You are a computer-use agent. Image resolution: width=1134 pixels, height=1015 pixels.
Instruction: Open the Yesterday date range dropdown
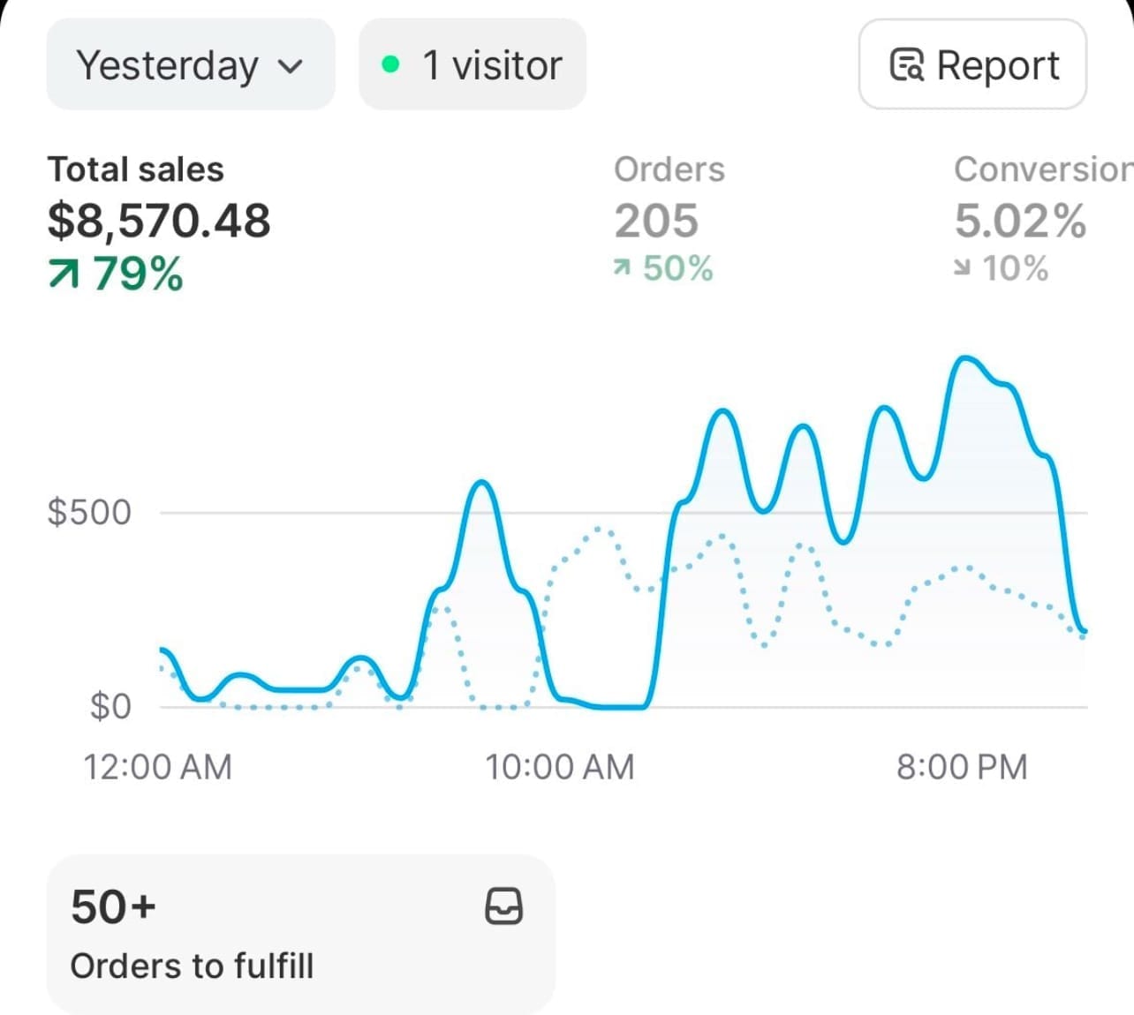[190, 64]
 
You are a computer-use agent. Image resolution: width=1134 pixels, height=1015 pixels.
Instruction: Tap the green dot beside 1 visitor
[390, 64]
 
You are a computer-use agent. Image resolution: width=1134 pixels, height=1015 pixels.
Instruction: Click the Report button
[972, 64]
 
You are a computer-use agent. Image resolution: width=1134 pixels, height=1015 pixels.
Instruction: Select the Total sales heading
[135, 169]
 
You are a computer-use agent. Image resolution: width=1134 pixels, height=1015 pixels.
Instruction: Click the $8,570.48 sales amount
[159, 221]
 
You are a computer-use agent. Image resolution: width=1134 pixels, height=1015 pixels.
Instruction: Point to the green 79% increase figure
[139, 273]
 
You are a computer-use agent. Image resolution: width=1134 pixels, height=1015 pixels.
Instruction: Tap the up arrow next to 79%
[64, 274]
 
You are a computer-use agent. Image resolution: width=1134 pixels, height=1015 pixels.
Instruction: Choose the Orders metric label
[669, 169]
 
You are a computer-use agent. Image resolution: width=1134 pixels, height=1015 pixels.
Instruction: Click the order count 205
[656, 221]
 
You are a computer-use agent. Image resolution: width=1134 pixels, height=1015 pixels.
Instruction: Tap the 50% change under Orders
[677, 268]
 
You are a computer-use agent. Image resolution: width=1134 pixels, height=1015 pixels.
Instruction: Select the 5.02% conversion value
[1020, 221]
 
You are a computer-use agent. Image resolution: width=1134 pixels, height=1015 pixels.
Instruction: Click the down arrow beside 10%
[962, 268]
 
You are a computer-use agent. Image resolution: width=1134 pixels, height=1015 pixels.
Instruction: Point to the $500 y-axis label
[89, 512]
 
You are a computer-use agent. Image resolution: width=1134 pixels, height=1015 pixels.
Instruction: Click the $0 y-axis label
[110, 706]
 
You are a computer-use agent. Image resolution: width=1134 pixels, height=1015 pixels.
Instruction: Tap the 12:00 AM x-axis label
[157, 767]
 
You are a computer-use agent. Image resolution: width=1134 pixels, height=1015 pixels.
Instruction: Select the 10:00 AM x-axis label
[560, 767]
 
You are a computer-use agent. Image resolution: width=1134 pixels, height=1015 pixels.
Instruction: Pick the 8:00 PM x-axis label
[962, 767]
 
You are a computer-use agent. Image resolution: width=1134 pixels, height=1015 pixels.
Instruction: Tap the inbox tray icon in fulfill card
[503, 906]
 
